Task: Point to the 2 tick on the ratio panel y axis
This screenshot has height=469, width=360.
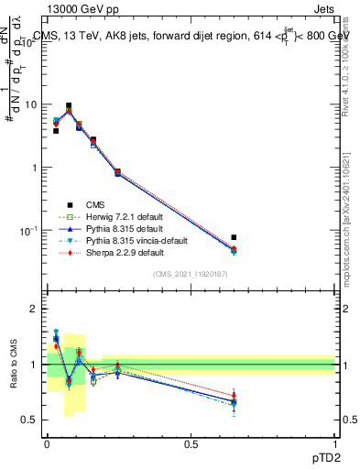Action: point(35,309)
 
